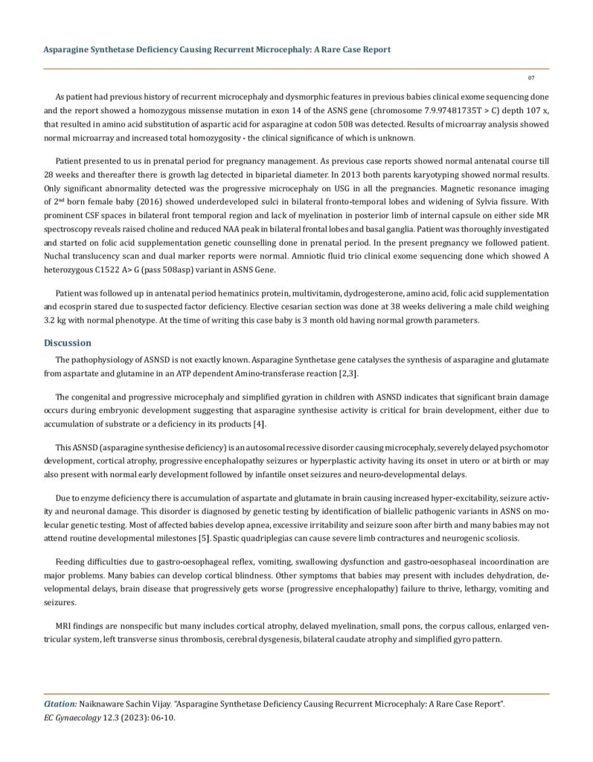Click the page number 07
tap(531, 77)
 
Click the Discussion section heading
tap(68, 343)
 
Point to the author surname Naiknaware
tap(106, 702)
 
